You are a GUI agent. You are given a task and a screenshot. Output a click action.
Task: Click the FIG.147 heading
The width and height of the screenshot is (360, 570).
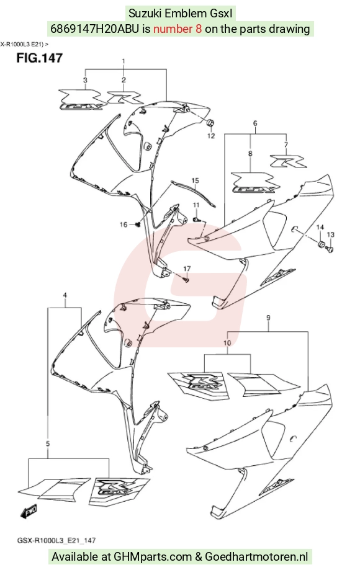tap(39, 58)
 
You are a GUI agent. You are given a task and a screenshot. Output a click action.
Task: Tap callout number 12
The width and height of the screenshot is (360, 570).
tap(211, 136)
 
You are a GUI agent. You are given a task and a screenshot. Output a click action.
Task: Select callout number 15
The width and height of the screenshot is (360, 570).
tap(195, 180)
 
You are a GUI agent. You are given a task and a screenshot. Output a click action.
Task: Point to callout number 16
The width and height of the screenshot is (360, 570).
tap(124, 225)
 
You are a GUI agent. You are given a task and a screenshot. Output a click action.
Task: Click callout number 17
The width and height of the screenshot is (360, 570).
tap(187, 269)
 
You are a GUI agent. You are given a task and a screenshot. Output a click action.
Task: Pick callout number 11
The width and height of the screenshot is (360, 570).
tap(196, 205)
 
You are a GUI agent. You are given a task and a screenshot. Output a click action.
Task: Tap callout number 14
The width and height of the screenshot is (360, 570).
tap(320, 228)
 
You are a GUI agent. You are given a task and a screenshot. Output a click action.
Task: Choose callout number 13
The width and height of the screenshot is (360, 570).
tap(331, 235)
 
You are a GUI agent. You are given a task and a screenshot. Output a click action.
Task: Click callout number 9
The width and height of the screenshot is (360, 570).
tap(268, 318)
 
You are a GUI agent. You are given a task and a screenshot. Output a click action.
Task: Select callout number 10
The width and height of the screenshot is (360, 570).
tap(227, 343)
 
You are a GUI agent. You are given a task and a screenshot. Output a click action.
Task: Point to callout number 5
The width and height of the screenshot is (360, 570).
tap(48, 444)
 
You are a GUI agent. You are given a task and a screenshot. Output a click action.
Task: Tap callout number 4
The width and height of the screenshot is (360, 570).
tap(65, 295)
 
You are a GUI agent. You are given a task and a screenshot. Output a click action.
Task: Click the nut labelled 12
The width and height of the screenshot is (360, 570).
tap(210, 123)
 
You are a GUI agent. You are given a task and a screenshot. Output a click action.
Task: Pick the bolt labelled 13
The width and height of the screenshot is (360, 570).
tap(330, 249)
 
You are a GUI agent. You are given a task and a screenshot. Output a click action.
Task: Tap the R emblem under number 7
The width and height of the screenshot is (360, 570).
tap(288, 161)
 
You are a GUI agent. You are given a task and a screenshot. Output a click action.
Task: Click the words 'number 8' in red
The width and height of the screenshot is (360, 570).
tap(178, 29)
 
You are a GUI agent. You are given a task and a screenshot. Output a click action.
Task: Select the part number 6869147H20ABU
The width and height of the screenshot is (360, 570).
tap(94, 29)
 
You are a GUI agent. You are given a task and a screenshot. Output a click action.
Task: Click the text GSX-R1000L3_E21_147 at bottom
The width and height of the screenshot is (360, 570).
tap(56, 541)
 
